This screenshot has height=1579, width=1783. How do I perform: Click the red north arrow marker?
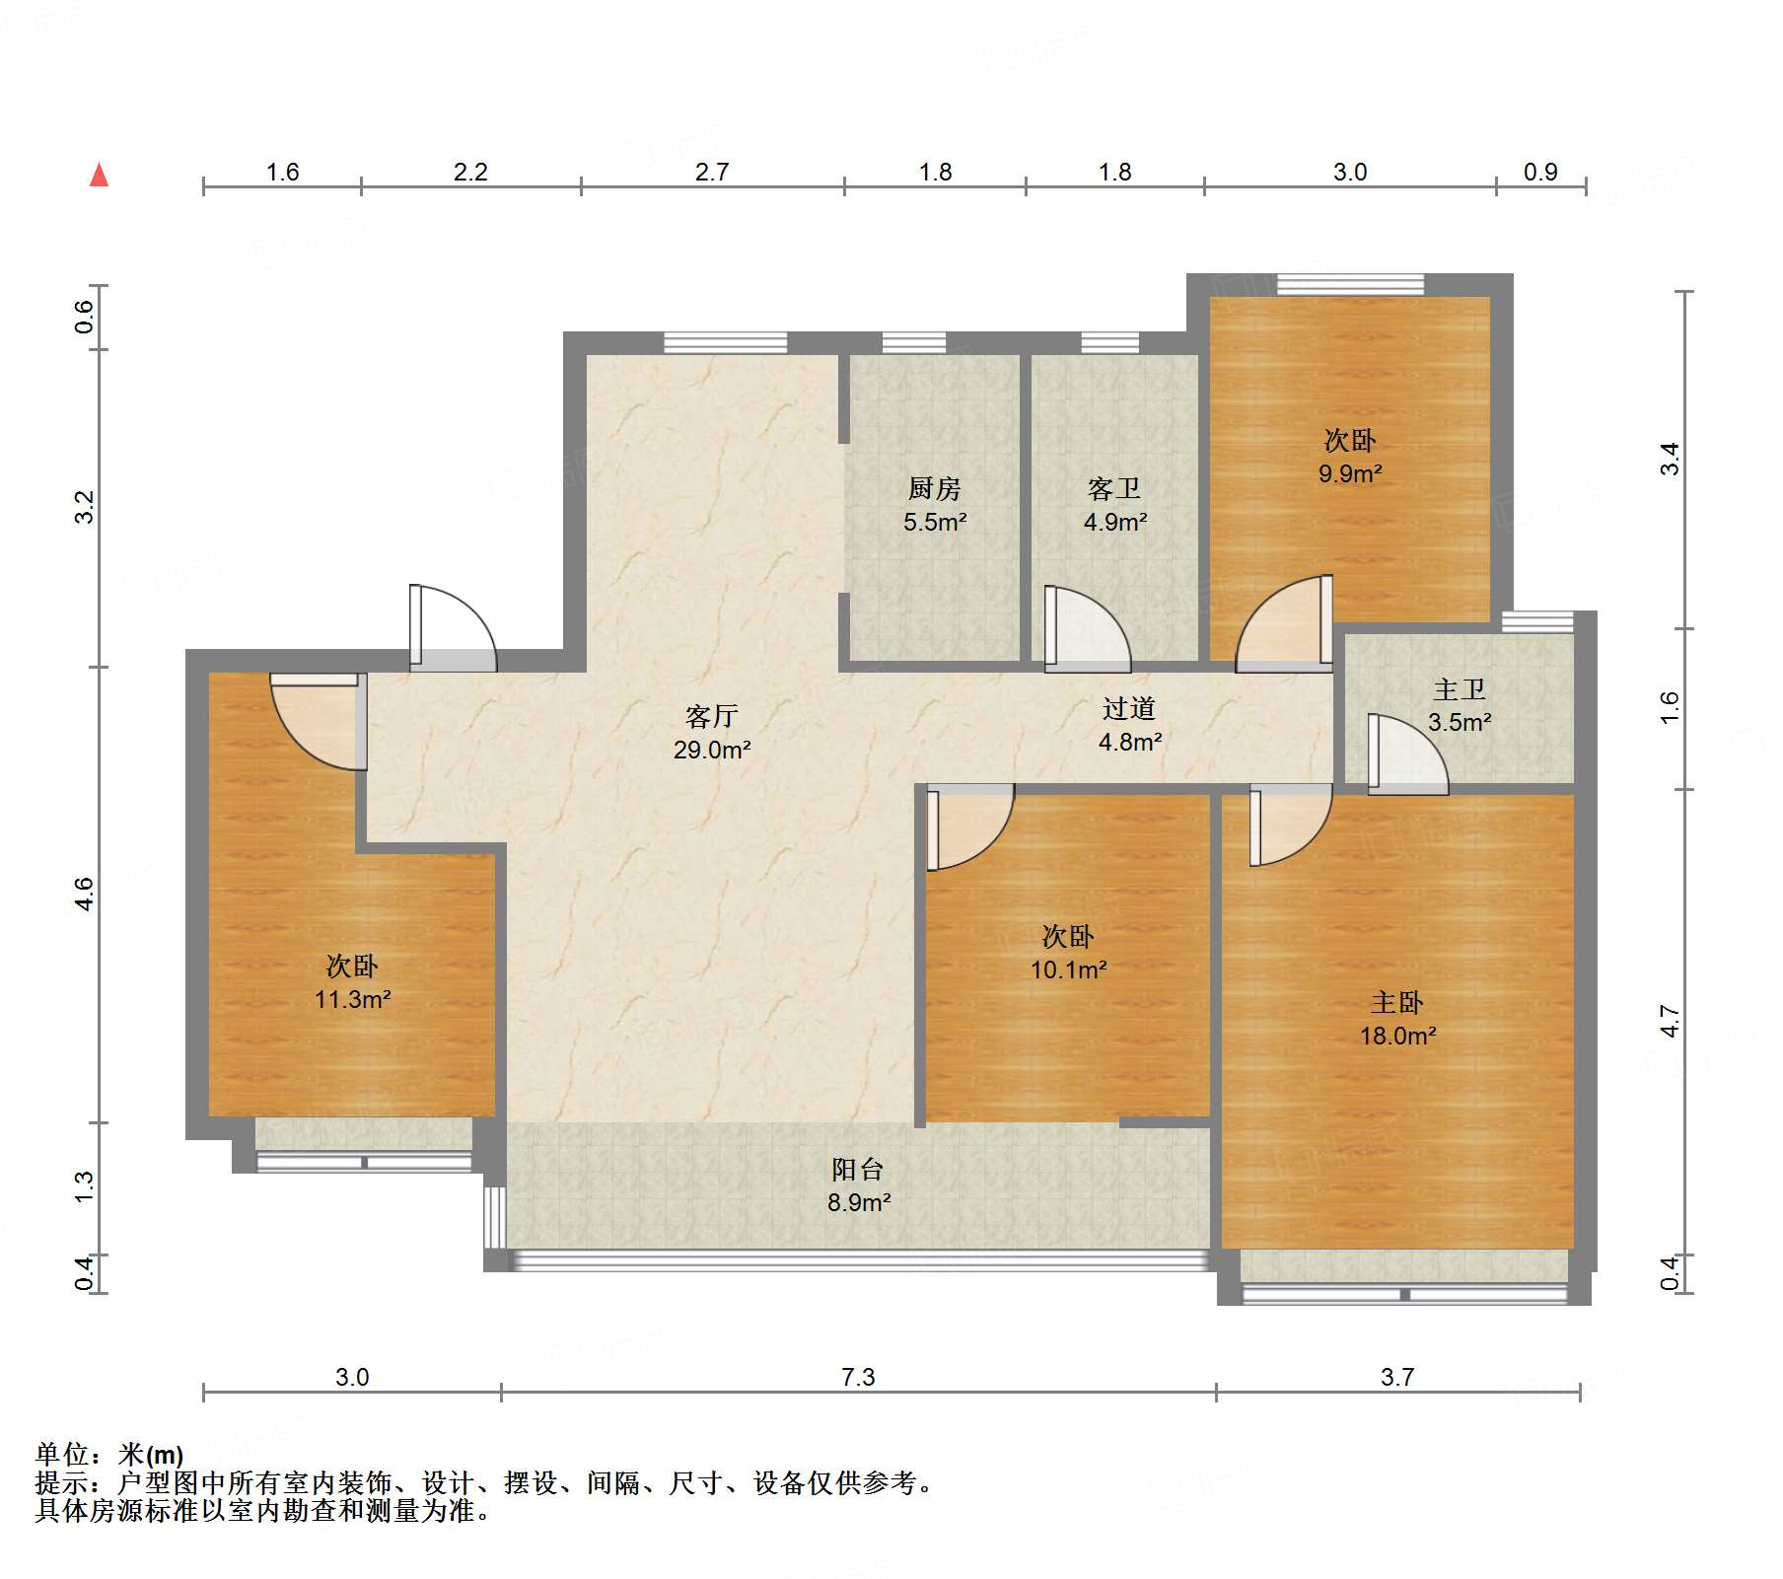[99, 176]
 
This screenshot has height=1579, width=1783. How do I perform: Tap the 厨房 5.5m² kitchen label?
[934, 505]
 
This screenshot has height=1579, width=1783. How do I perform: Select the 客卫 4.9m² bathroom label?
[1114, 505]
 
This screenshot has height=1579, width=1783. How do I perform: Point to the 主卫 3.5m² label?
[1459, 705]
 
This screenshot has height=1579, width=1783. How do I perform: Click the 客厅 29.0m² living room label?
[711, 733]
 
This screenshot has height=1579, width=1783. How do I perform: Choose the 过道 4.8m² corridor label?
[1129, 725]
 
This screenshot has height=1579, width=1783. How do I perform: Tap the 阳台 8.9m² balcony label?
[858, 1185]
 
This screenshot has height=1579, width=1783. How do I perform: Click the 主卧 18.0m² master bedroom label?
[1397, 1019]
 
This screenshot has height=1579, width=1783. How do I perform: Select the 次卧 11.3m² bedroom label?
[352, 982]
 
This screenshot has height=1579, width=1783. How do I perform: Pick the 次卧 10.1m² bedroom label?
[1068, 953]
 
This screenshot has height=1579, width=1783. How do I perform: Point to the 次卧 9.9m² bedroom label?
[1349, 457]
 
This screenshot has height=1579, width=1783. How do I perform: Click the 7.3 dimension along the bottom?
[858, 1377]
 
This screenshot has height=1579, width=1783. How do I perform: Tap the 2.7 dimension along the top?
[711, 172]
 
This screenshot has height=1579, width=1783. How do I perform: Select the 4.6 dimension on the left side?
[84, 894]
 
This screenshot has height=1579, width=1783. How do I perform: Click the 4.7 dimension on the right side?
[1670, 1021]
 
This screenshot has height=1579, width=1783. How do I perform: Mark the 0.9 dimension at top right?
[1539, 172]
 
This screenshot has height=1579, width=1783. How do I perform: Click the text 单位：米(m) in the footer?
[109, 1454]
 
